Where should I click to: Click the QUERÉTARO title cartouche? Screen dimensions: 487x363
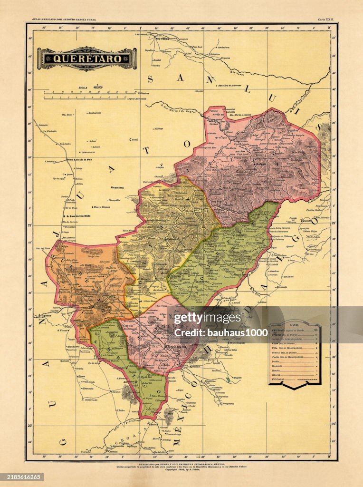tap(87, 59)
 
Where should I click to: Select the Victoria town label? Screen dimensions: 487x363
tap(117, 188)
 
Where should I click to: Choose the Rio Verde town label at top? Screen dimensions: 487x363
tap(162, 39)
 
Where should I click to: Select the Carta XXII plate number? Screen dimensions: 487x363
tap(326, 19)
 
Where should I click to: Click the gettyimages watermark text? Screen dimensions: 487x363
tap(201, 318)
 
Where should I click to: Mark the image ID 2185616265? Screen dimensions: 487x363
tap(22, 477)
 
